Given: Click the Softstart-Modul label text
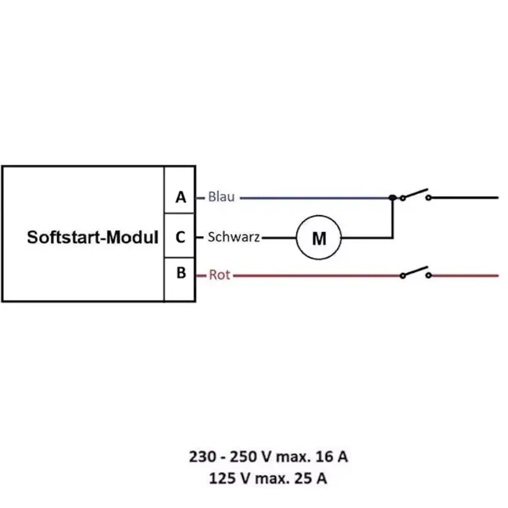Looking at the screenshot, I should [x=93, y=237].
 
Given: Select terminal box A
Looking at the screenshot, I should [x=181, y=198].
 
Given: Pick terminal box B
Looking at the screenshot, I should [x=181, y=274].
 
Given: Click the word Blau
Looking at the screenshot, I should [x=221, y=198].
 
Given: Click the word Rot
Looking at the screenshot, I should [x=220, y=275].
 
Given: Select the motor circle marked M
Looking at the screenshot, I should [x=319, y=238].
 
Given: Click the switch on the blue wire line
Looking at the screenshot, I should [x=415, y=195].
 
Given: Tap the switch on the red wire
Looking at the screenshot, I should [x=415, y=272].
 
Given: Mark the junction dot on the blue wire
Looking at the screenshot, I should [x=392, y=198].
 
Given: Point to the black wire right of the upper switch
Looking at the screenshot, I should [x=465, y=198].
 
